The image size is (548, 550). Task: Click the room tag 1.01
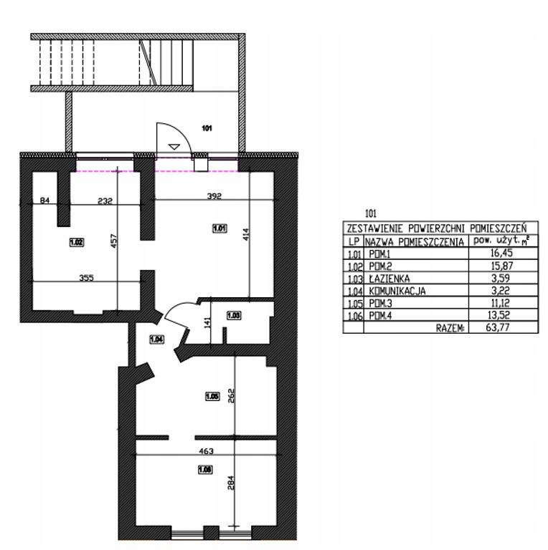point(220,228)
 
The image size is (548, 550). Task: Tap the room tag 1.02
point(77,242)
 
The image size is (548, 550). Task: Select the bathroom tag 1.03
point(234,315)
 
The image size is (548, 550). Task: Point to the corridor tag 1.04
point(156,339)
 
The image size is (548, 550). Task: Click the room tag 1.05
point(212,396)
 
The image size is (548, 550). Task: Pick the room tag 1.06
point(205,469)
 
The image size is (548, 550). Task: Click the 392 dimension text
point(214,196)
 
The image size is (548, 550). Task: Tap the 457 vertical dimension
point(113,241)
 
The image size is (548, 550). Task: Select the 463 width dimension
point(206,451)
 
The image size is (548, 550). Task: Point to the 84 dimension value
point(44,201)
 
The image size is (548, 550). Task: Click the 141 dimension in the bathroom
point(207,323)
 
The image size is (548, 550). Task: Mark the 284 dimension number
point(231,483)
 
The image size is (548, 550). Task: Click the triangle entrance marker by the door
point(174,147)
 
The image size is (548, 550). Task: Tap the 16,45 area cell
point(502,253)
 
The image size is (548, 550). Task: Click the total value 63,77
point(498,327)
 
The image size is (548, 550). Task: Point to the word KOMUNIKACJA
point(397,291)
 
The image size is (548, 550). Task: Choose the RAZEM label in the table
point(450,328)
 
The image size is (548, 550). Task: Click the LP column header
point(354,241)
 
